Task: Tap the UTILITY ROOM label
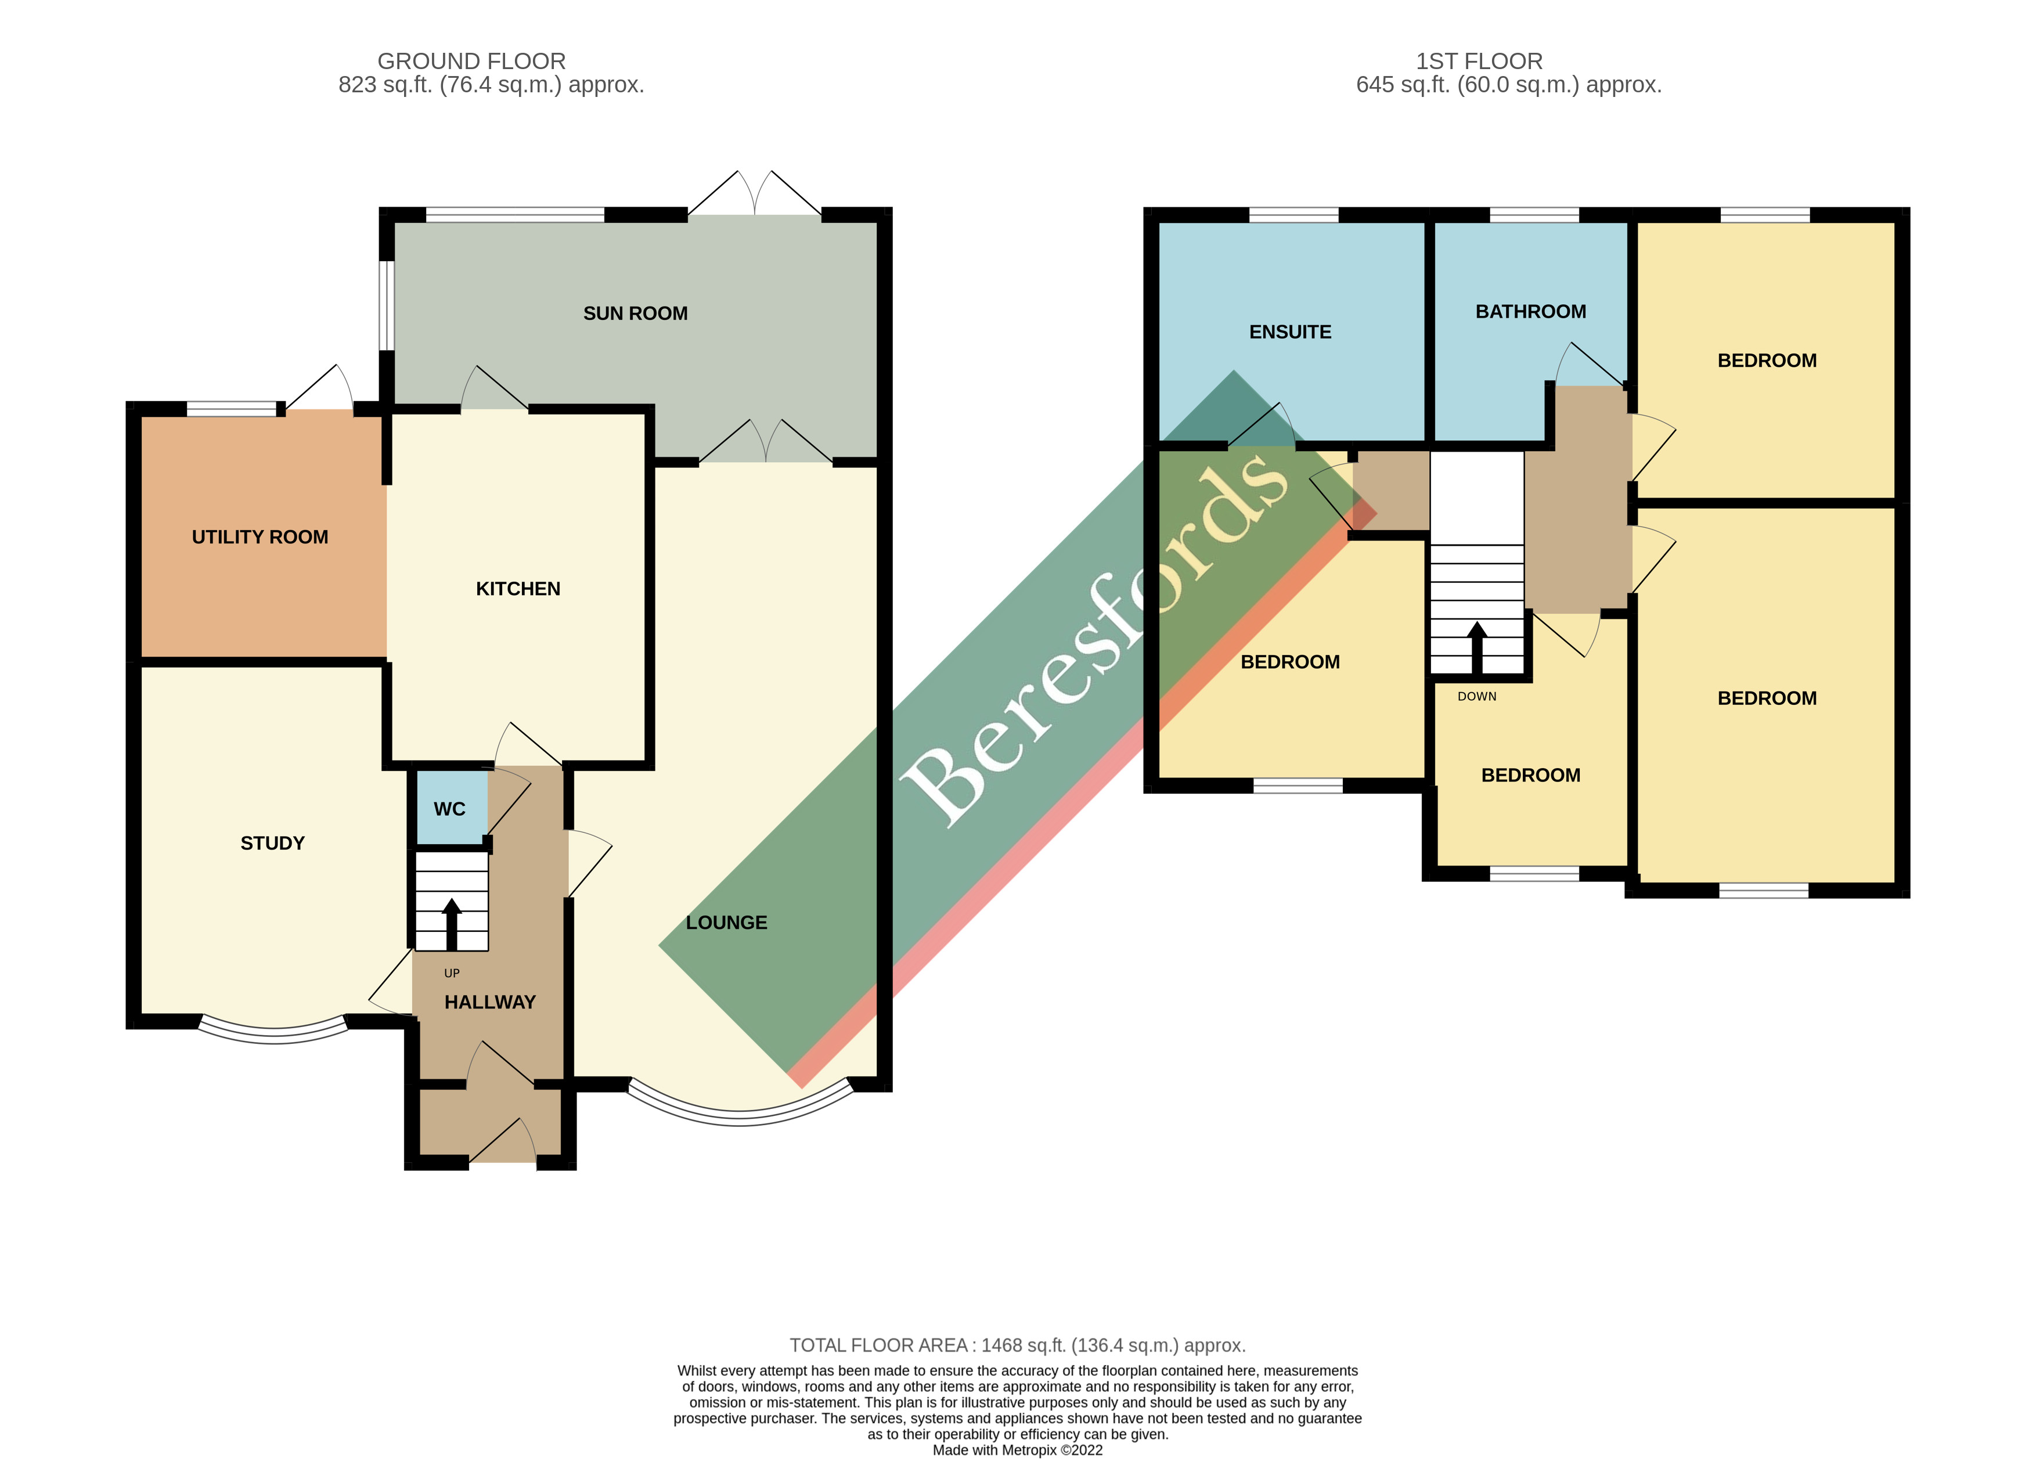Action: tap(260, 537)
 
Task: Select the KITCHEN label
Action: tap(517, 589)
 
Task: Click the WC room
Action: tap(450, 809)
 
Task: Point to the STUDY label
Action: tap(272, 843)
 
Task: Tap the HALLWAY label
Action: tap(489, 1002)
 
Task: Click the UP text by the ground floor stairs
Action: tap(452, 973)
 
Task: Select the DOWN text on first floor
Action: tap(1477, 697)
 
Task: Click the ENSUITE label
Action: tap(1290, 332)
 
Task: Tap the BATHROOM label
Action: tap(1530, 312)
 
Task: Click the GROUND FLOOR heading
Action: tap(471, 61)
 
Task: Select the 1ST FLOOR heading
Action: tap(1479, 61)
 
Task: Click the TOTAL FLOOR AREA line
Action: tap(1017, 1345)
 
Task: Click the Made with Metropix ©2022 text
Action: tap(1017, 1450)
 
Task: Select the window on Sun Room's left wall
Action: tap(386, 305)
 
